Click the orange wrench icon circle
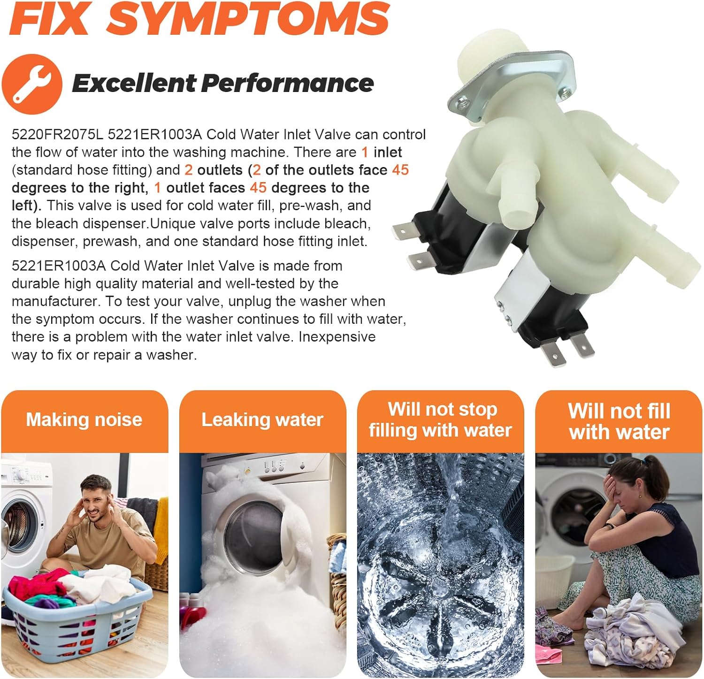31,84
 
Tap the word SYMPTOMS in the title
248,18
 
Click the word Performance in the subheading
288,84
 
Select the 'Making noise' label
84,420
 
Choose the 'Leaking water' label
262,420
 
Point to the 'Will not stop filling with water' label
440,420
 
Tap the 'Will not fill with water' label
619,421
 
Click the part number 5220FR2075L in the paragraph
57,135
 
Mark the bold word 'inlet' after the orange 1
388,153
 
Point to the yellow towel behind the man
161,526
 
